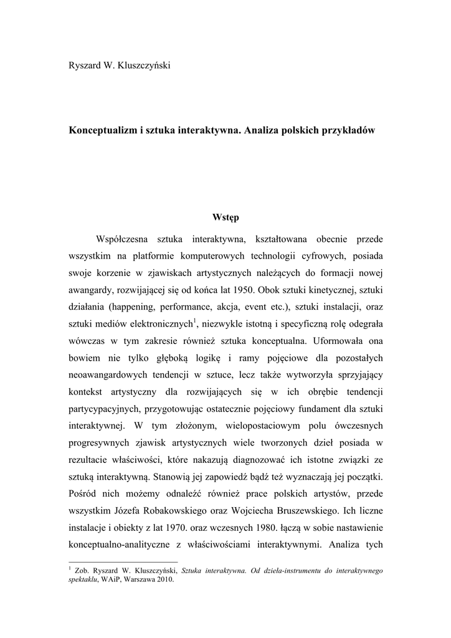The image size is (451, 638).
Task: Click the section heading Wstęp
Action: (225, 217)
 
